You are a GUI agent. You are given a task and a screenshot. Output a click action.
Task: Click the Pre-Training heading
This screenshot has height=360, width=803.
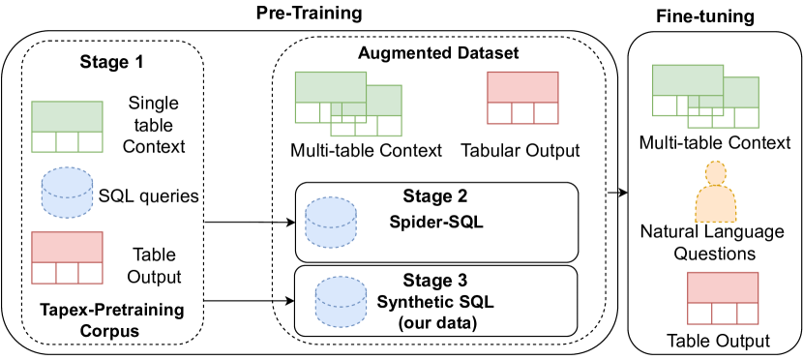309,14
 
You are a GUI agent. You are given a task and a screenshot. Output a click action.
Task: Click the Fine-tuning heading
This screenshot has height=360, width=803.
705,16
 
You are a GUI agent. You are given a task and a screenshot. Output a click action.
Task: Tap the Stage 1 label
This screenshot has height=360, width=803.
111,63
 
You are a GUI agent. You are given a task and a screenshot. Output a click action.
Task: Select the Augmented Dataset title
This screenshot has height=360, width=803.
438,53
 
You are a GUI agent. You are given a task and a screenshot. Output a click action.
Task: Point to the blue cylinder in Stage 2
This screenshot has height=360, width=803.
330,223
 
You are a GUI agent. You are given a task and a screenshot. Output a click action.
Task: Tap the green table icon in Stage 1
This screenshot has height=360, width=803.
67,127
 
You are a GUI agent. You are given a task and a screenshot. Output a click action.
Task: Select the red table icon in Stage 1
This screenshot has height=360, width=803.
67,257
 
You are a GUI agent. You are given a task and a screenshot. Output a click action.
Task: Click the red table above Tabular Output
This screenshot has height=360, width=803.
522,98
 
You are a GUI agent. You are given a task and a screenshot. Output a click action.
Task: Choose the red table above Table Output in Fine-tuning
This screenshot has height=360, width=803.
722,298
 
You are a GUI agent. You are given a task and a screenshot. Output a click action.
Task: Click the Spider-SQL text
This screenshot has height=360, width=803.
435,224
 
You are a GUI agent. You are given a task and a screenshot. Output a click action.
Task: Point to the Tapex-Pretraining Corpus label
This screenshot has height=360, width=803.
111,320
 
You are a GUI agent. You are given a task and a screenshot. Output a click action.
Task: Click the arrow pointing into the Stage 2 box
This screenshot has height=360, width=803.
250,223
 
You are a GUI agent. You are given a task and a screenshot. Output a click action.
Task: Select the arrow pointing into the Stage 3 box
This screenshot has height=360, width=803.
250,301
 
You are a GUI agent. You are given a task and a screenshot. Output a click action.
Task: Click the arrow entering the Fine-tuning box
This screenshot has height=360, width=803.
616,193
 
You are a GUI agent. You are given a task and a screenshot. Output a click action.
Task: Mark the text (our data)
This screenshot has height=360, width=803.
434,323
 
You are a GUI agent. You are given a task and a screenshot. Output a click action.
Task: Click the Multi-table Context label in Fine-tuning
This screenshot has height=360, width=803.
715,143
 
